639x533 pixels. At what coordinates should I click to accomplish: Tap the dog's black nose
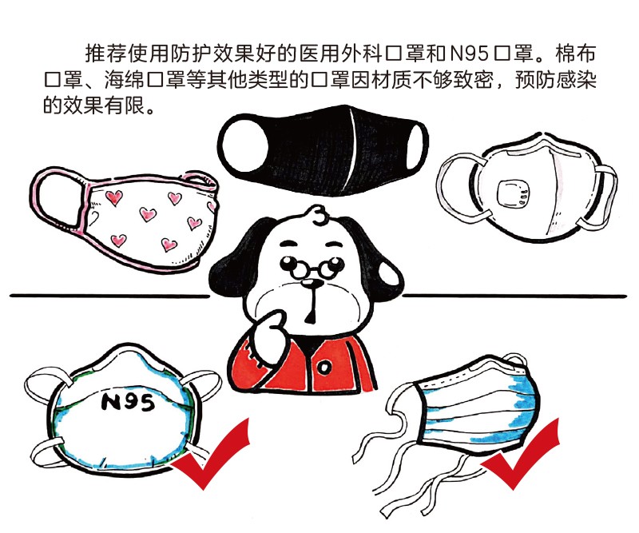(312, 284)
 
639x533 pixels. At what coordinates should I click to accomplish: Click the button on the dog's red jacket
(324, 368)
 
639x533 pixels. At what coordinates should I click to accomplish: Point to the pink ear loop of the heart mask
(59, 200)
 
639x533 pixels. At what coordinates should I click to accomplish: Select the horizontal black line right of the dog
(514, 296)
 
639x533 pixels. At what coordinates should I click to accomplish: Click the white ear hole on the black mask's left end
(244, 145)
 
